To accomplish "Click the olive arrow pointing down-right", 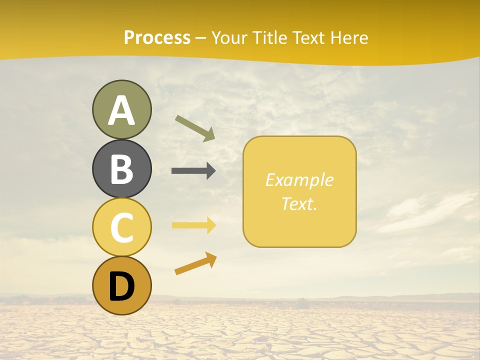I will click(x=195, y=128).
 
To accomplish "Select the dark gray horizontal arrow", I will click(x=193, y=171).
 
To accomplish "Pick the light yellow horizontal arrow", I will click(x=193, y=225).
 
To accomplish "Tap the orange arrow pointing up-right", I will click(x=195, y=263).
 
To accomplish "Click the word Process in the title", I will click(x=157, y=38).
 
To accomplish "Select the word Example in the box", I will click(x=299, y=180).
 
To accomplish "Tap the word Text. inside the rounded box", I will click(x=299, y=203).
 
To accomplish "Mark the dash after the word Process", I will click(x=201, y=38).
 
